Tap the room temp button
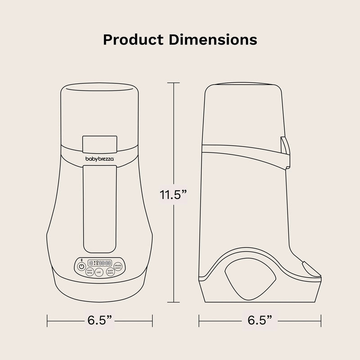(x=90, y=271)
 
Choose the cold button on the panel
(x=99, y=272)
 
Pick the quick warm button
(x=109, y=271)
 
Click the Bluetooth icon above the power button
(x=81, y=261)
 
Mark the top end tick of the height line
(x=174, y=83)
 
